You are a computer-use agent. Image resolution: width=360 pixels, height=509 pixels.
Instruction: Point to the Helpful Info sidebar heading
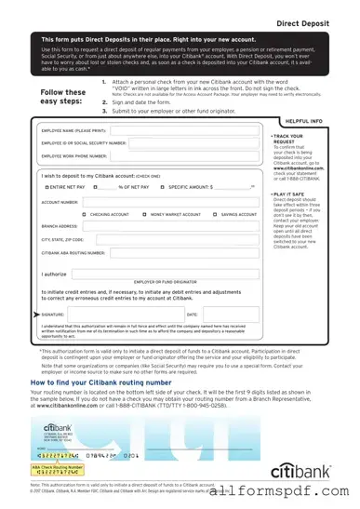pos(303,122)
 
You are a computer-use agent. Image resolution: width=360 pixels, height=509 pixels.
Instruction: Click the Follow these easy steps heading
pos(63,98)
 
